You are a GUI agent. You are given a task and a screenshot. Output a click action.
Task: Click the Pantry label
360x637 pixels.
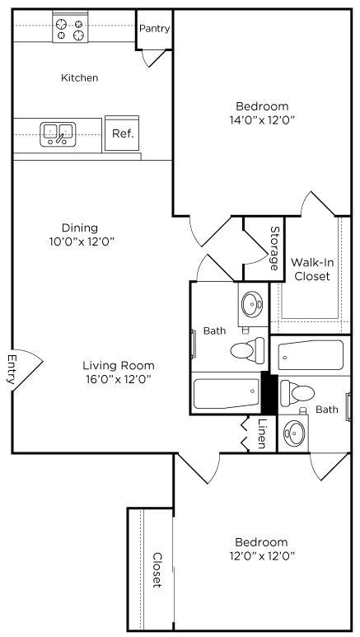point(154,29)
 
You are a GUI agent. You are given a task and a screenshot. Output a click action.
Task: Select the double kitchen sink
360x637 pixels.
point(58,134)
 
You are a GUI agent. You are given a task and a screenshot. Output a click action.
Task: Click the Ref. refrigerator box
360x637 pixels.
point(123,133)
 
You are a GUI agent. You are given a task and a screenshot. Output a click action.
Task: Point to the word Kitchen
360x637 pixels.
point(80,77)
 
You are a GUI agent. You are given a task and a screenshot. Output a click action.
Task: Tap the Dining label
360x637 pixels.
point(80,228)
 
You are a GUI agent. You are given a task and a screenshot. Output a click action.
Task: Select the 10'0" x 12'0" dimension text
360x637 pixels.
point(82,241)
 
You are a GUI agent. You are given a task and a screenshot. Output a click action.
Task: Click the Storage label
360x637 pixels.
point(275,248)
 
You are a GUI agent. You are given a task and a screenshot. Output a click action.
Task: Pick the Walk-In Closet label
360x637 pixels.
point(312,269)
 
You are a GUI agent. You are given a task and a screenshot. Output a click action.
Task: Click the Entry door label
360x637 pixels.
point(12,369)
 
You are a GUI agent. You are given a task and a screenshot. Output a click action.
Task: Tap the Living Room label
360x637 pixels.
point(119,365)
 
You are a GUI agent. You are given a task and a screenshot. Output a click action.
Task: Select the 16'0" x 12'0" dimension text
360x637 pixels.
point(119,379)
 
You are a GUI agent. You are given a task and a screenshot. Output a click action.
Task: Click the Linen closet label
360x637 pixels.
point(262,433)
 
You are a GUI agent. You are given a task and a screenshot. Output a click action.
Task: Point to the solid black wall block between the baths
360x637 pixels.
point(269,394)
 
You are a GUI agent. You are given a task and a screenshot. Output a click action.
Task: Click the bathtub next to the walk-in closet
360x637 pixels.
point(311,355)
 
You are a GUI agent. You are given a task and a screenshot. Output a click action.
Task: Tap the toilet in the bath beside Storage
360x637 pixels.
point(247,350)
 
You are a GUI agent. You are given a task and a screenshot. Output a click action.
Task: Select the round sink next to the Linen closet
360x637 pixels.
point(294,433)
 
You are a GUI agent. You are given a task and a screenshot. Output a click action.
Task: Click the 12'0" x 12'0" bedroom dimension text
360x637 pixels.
point(262,555)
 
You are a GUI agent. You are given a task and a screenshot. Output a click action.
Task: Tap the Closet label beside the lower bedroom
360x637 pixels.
point(157,569)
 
